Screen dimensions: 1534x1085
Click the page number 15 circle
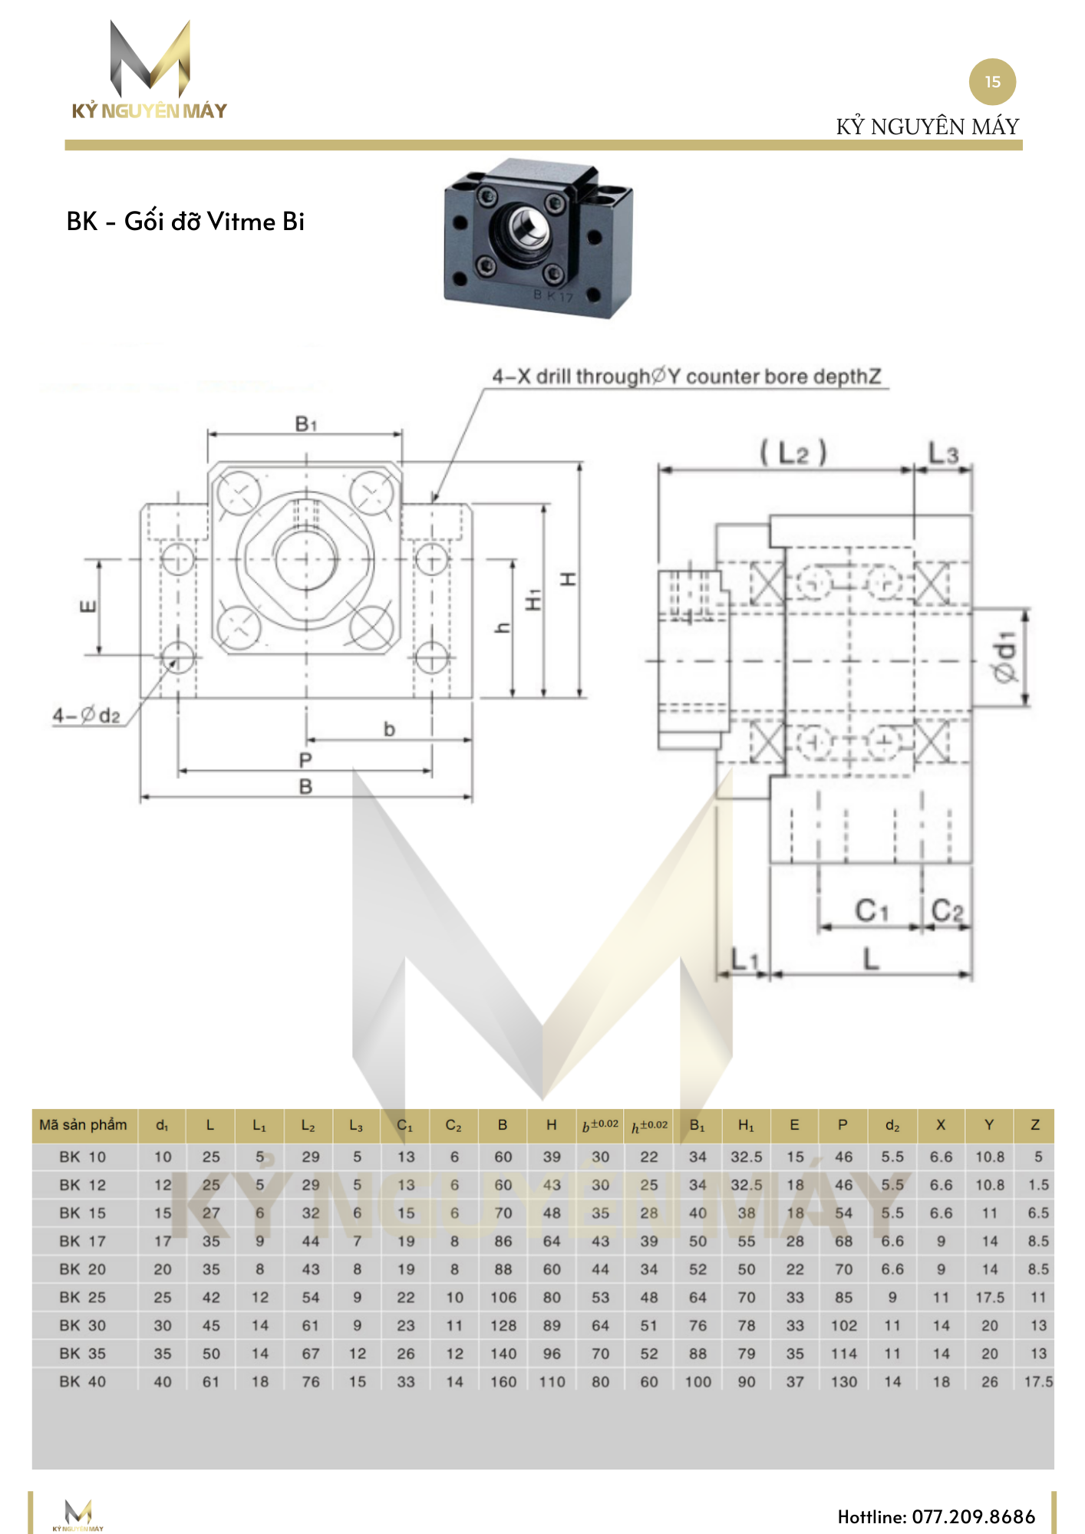[992, 82]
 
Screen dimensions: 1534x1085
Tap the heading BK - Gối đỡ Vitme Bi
[186, 222]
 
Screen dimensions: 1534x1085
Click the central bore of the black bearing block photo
[529, 227]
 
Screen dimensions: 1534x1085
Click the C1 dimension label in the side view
[872, 910]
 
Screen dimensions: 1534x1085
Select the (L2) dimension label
[793, 453]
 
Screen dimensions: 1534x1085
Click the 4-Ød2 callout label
[87, 716]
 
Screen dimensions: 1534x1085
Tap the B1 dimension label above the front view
[305, 423]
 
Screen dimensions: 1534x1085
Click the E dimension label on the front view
[88, 607]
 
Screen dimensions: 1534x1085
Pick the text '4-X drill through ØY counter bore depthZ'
[686, 377]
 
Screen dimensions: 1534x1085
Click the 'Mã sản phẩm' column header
[84, 1125]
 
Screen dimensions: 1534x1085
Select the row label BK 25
[83, 1297]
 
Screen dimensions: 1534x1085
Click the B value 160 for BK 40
[503, 1381]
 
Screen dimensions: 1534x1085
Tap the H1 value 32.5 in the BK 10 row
[746, 1157]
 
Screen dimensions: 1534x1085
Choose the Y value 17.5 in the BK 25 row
[989, 1297]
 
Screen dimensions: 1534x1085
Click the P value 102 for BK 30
[843, 1325]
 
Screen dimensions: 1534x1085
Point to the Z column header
[1034, 1125]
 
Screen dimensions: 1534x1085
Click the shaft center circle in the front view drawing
[306, 558]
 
